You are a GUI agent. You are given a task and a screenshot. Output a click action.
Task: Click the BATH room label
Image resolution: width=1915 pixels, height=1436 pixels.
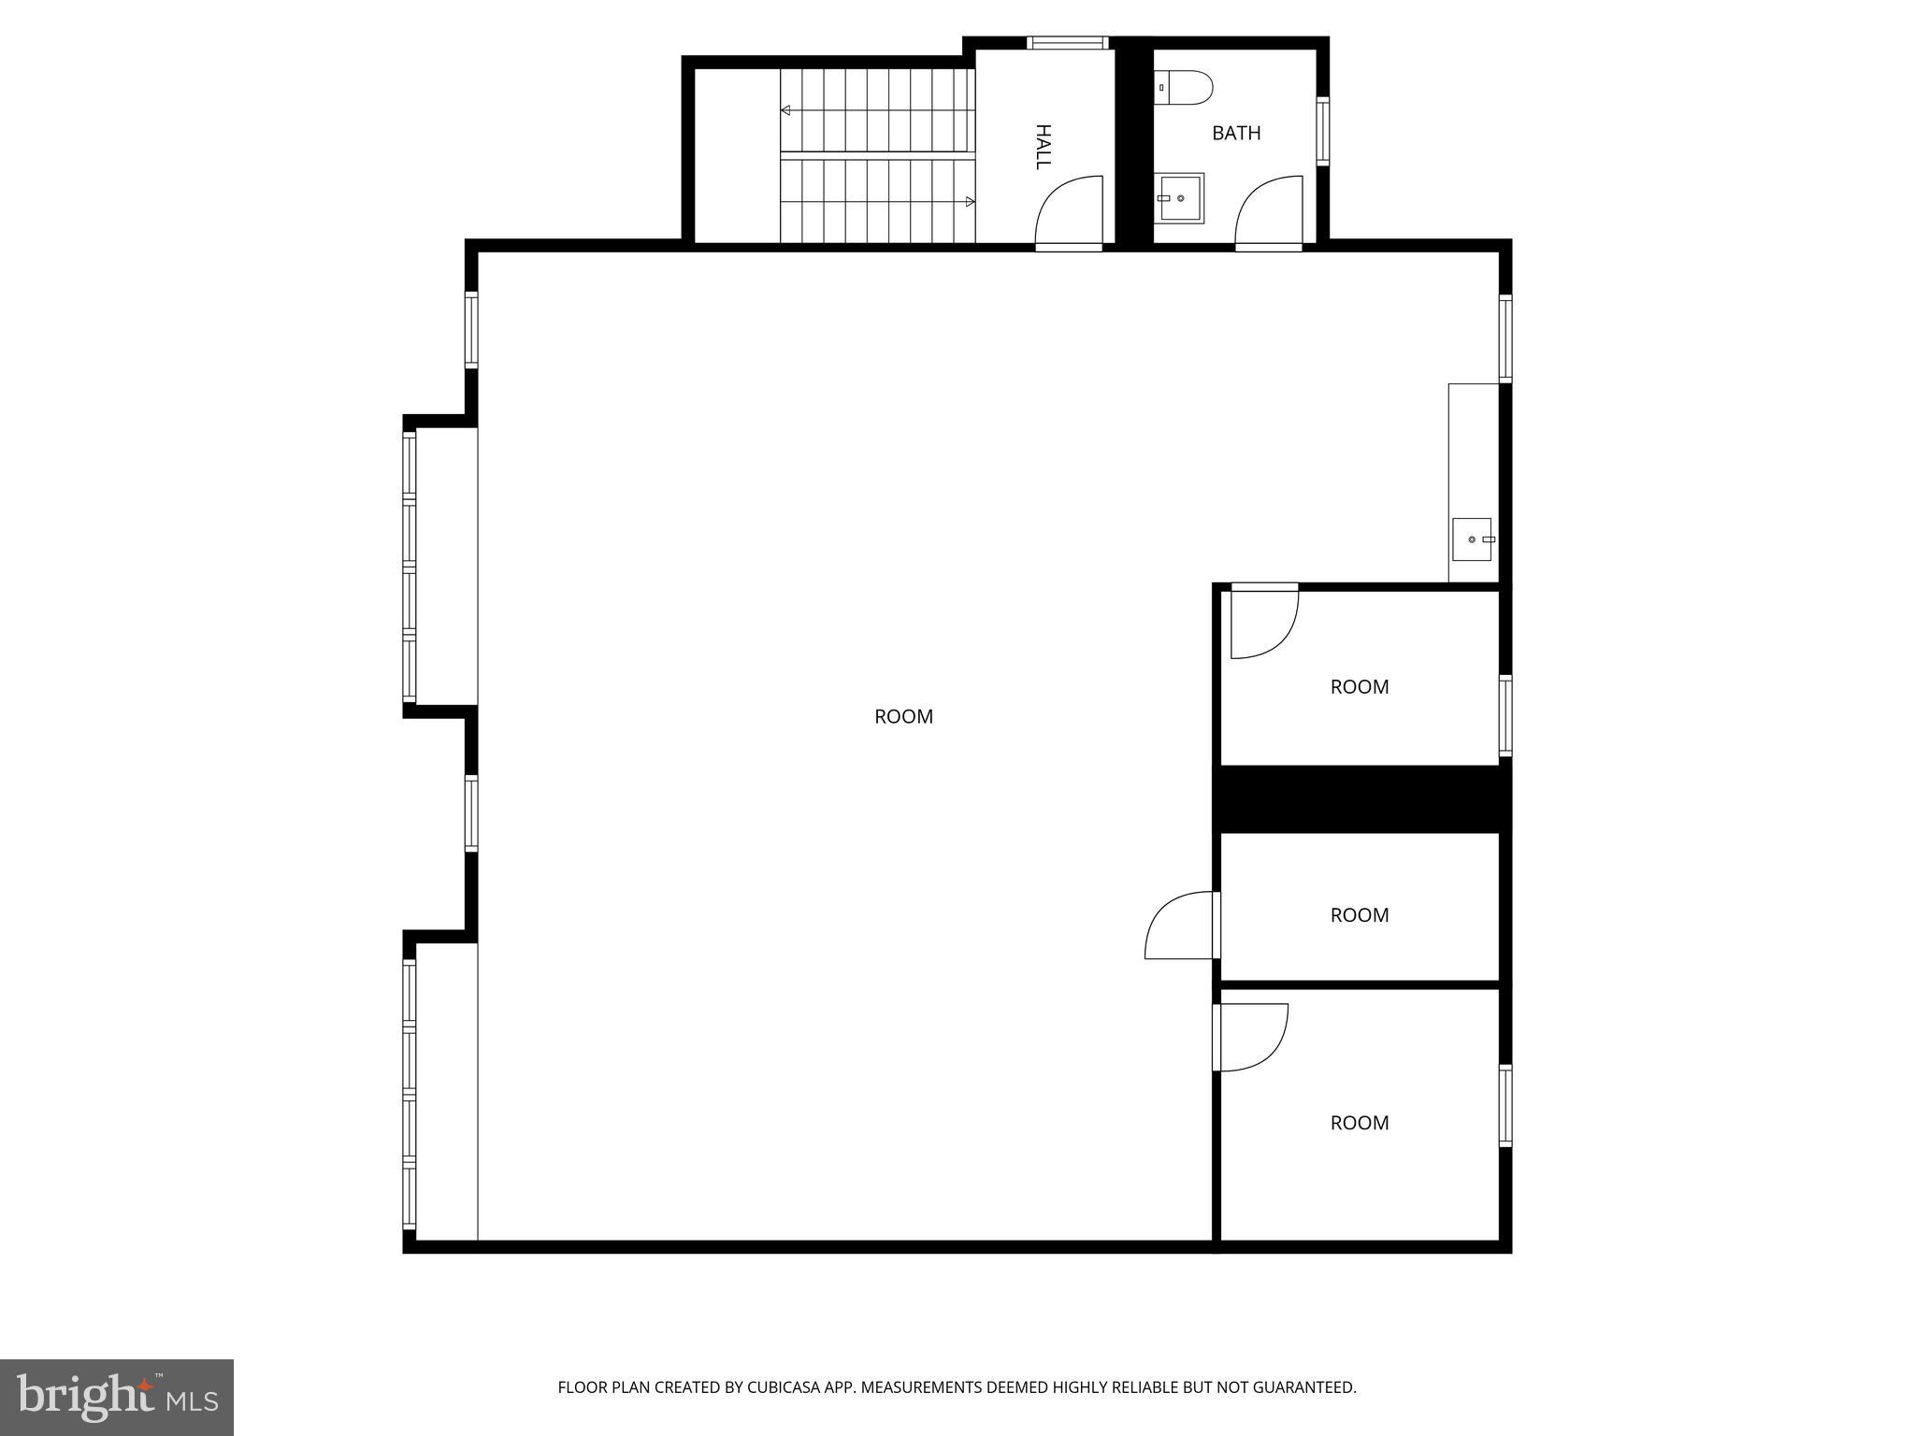pos(1235,133)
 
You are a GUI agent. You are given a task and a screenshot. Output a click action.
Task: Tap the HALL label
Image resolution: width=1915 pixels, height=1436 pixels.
pos(1043,147)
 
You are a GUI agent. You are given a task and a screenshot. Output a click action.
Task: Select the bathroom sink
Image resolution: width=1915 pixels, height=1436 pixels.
pos(1180,197)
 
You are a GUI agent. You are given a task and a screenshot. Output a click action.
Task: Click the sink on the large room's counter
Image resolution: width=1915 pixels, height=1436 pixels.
pos(1471,539)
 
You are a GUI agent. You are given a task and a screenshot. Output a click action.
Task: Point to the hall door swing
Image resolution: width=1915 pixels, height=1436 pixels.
pos(1068,211)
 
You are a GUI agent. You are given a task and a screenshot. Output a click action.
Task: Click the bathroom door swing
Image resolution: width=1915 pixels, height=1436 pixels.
pos(1268,211)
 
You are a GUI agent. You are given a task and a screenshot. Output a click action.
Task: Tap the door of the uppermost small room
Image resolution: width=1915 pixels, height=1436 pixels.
pos(1263,621)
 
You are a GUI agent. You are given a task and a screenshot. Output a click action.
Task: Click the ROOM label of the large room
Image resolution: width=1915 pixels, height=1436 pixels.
pos(903,716)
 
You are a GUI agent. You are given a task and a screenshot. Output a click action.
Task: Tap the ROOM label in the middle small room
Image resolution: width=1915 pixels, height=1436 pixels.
pos(1359,915)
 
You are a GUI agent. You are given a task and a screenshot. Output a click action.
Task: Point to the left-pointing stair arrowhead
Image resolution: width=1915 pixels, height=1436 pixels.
pos(786,110)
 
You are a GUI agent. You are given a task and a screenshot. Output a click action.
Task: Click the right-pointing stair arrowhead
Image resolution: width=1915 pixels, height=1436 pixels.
pos(970,201)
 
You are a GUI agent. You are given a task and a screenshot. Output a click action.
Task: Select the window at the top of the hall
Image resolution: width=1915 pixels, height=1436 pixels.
pos(1067,42)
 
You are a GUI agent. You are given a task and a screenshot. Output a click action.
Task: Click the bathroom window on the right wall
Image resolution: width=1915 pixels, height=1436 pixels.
pos(1322,131)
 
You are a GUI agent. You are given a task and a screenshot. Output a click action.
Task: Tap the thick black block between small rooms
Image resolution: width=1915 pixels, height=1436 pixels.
pos(1361,798)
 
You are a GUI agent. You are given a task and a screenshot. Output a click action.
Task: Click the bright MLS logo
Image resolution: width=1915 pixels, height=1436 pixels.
pos(117,1397)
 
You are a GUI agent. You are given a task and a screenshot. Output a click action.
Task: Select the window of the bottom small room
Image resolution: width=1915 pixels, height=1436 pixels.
pos(1505,1105)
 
